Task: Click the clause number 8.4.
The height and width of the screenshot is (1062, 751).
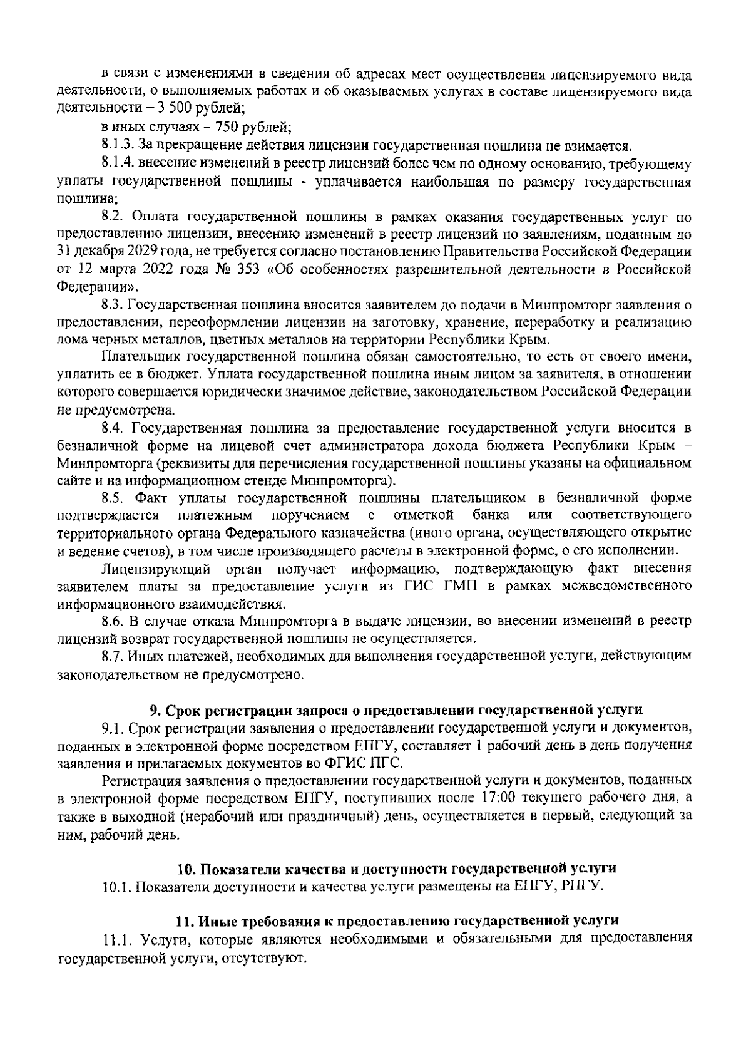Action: [x=115, y=428]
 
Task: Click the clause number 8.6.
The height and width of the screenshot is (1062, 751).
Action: [x=114, y=621]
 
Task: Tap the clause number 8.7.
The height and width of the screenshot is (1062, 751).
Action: [x=114, y=656]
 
